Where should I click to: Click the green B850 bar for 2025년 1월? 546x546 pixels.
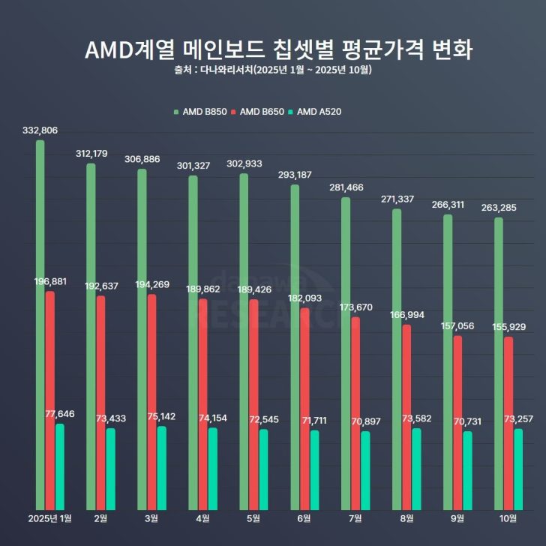pyautogui.click(x=40, y=322)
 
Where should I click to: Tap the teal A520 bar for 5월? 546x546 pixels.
pyautogui.click(x=264, y=468)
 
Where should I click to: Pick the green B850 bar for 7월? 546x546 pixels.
pyautogui.click(x=346, y=352)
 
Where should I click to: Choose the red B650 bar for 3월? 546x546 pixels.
pyautogui.click(x=152, y=400)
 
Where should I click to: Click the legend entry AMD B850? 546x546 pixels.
pyautogui.click(x=200, y=112)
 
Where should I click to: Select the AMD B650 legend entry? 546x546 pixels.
pyautogui.click(x=262, y=112)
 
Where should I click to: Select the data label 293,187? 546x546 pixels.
pyautogui.click(x=295, y=175)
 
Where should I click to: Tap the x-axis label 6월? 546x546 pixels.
pyautogui.click(x=304, y=518)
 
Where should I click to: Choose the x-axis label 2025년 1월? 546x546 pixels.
pyautogui.click(x=50, y=518)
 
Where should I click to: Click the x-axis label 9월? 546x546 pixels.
pyautogui.click(x=457, y=518)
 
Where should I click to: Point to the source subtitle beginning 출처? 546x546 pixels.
pyautogui.click(x=272, y=70)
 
